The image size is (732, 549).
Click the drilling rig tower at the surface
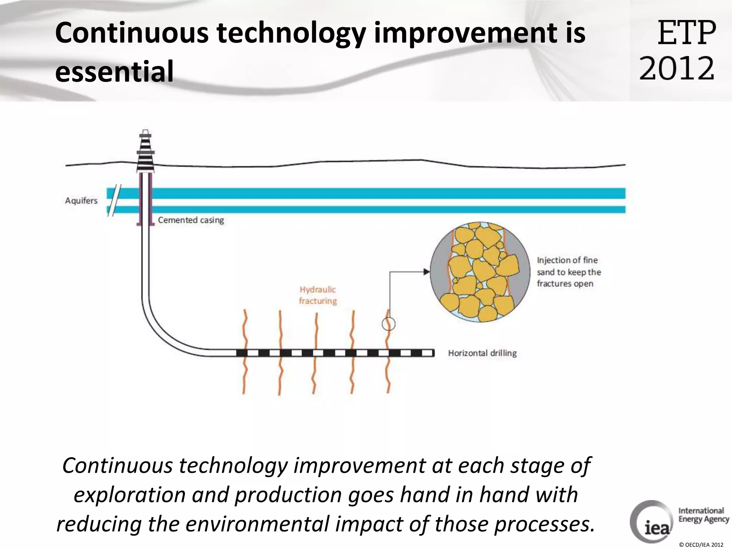coord(146,152)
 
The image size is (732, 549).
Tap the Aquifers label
coord(81,201)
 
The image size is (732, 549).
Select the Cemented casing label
coord(191,220)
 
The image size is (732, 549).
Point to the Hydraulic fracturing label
coord(318,295)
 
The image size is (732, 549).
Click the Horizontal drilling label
coord(482,353)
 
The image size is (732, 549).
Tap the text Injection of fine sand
coord(568,272)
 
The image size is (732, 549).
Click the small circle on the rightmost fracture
coord(389,324)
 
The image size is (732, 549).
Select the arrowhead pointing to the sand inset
coord(426,272)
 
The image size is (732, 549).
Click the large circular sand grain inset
coord(480,272)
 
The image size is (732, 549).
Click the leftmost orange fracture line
coord(244,352)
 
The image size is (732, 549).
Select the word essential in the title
coord(114,71)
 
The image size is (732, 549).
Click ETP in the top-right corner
coord(687,33)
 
